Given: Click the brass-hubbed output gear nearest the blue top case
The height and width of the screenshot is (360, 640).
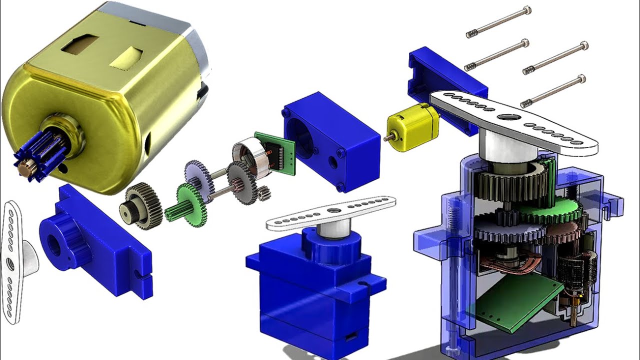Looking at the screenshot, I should [140, 205].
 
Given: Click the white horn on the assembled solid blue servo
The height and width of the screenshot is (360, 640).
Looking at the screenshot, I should [330, 212].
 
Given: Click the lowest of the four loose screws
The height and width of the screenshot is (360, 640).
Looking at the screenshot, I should [553, 90].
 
